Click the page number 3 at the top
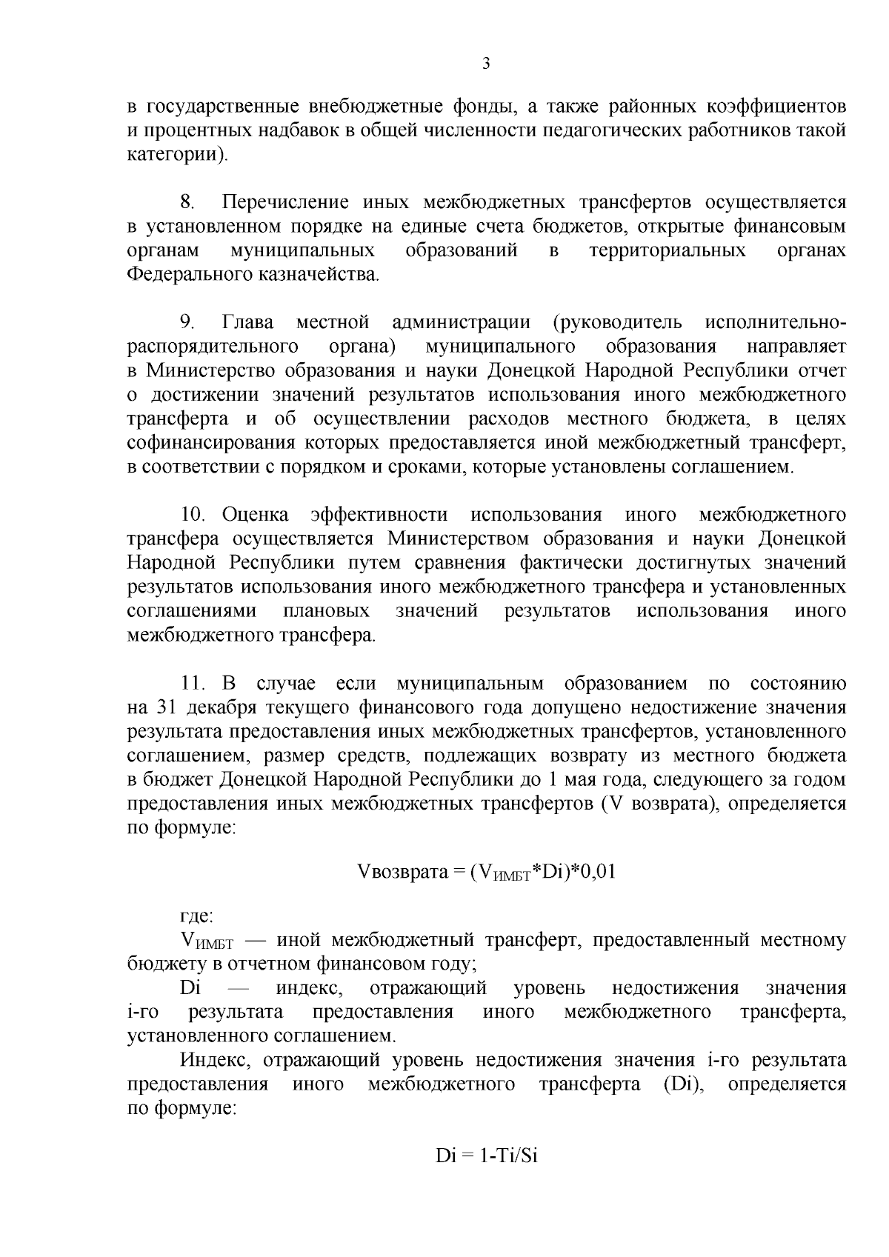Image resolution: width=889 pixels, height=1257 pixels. (486, 64)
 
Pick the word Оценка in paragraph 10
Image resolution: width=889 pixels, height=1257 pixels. (255, 514)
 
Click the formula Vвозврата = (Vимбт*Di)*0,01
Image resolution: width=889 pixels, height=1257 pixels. (486, 873)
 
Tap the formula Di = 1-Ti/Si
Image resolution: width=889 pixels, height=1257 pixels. (485, 1156)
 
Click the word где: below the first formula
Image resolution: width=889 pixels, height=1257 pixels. (197, 916)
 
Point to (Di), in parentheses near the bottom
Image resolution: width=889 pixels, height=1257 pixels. (679, 1084)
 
